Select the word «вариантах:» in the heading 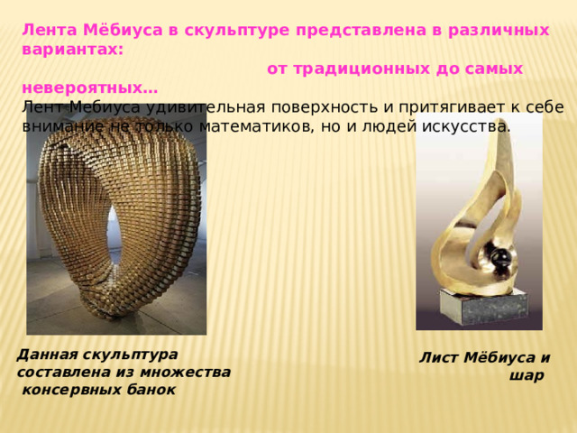pyautogui.click(x=73, y=50)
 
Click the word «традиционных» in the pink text pyautogui.click(x=362, y=69)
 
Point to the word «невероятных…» pyautogui.click(x=90, y=88)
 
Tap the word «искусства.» pyautogui.click(x=466, y=127)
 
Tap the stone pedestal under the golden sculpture pyautogui.click(x=485, y=307)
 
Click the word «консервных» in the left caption pyautogui.click(x=72, y=390)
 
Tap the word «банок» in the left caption pyautogui.click(x=151, y=390)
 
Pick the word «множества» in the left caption pyautogui.click(x=185, y=373)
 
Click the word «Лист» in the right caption pyautogui.click(x=439, y=358)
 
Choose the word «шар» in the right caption pyautogui.click(x=527, y=376)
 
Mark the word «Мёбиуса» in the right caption pyautogui.click(x=499, y=358)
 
